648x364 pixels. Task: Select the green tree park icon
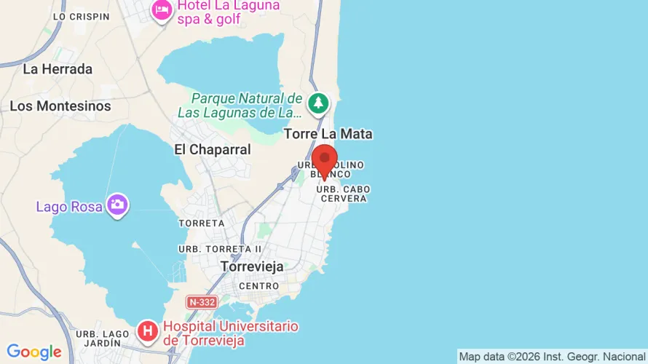317,103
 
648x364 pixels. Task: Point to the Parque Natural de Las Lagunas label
240,106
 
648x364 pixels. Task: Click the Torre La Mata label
328,134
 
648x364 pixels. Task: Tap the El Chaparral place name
213,149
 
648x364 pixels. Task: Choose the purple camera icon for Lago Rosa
117,205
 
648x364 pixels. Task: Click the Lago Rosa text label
69,207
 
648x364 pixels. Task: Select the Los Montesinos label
60,106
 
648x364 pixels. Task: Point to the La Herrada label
58,69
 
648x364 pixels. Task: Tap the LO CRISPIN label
82,16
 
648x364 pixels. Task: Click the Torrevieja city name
252,267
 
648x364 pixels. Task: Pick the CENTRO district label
258,286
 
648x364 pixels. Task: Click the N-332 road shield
202,301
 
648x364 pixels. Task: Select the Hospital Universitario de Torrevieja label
231,333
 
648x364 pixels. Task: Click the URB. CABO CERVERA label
343,194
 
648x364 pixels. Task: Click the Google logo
33,352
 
